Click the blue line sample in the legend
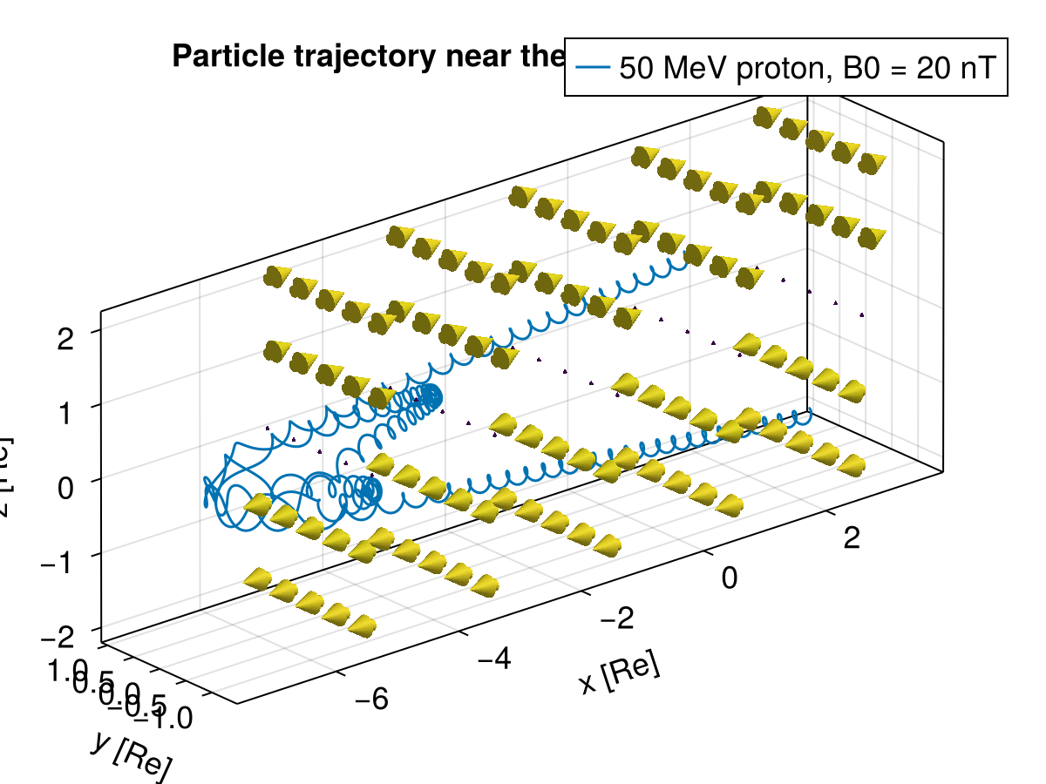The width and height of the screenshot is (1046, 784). (593, 66)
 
